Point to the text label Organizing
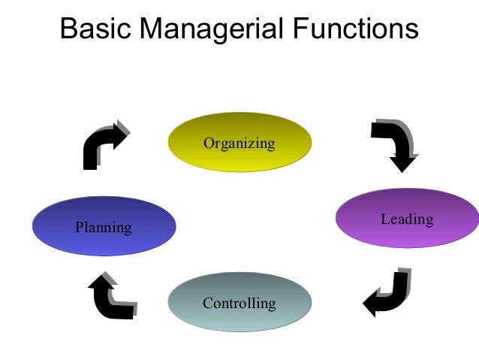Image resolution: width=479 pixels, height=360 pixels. tap(239, 142)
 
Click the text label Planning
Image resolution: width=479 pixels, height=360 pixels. tap(104, 226)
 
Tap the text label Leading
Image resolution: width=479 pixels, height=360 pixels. tap(406, 219)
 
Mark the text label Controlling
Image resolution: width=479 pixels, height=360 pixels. tap(239, 304)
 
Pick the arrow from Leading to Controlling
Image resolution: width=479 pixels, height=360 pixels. tap(388, 292)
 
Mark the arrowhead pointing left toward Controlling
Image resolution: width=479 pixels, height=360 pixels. tap(372, 304)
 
